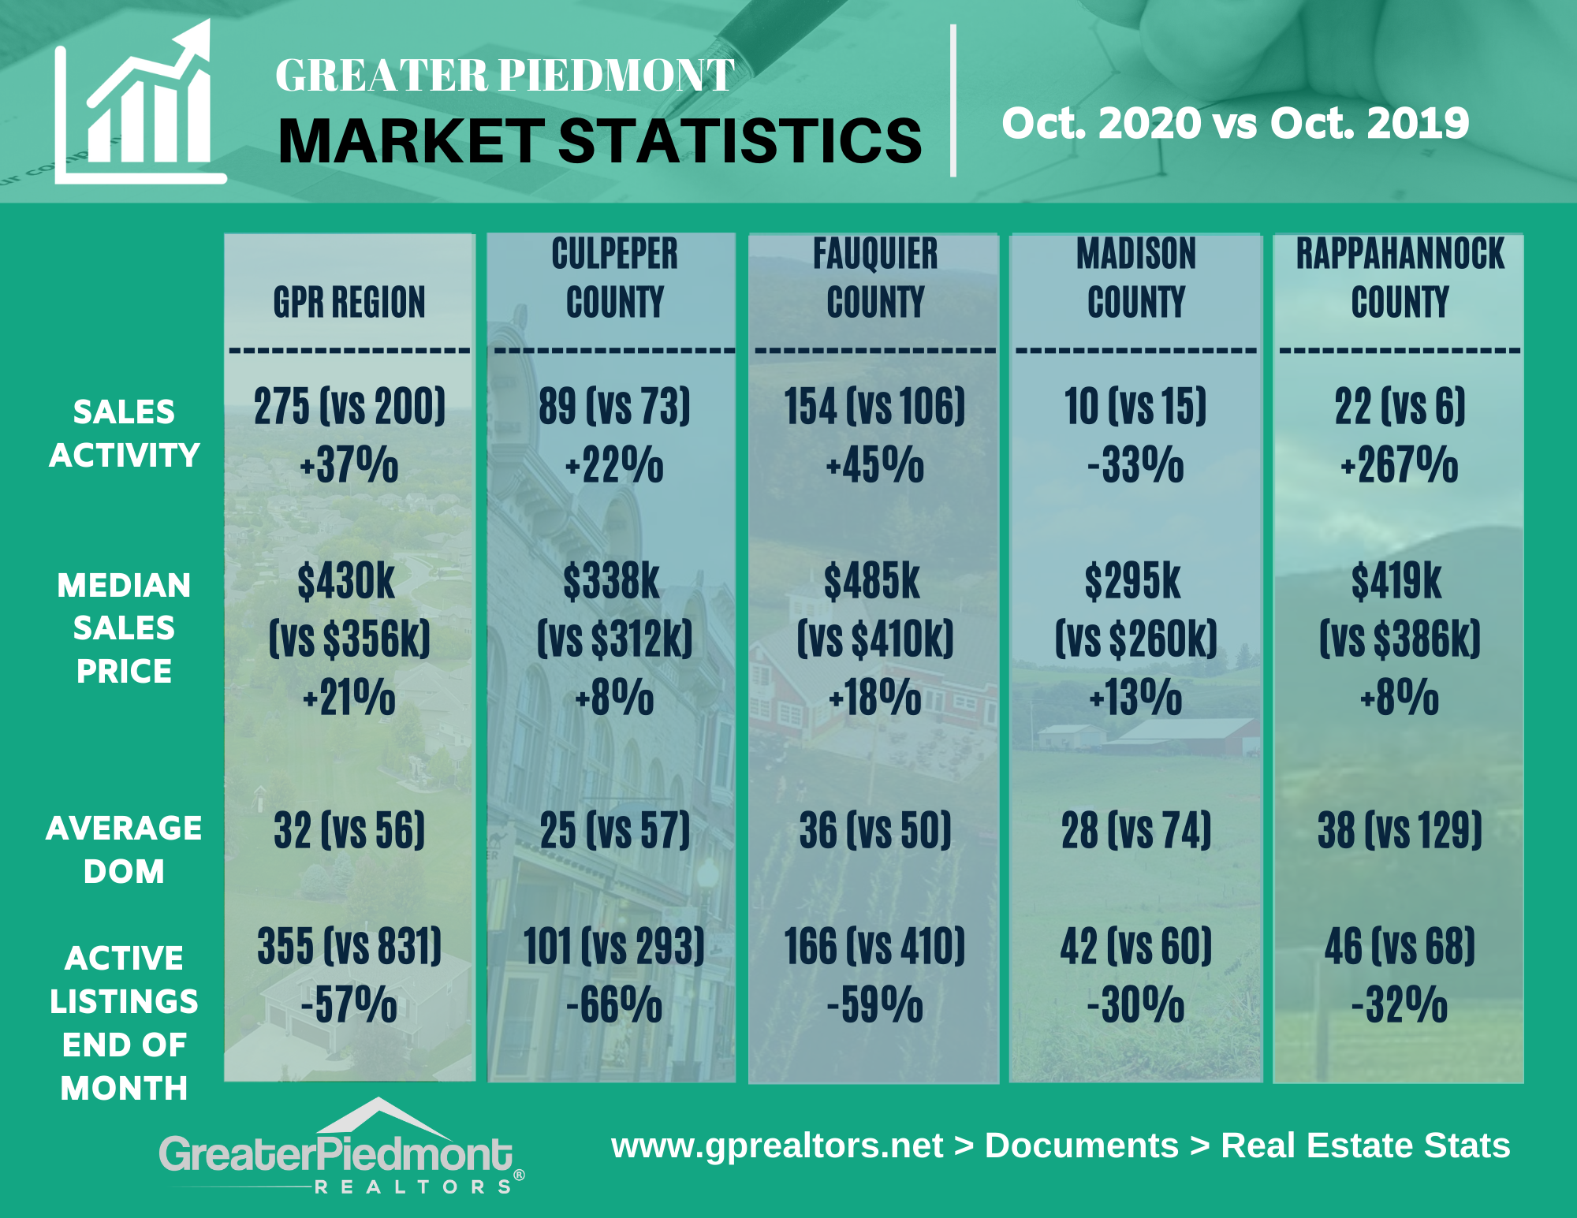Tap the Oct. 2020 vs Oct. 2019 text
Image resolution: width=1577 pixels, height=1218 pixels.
(x=1235, y=123)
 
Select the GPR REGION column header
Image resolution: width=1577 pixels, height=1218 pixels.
(x=349, y=302)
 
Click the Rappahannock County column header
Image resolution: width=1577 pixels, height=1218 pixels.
(x=1400, y=277)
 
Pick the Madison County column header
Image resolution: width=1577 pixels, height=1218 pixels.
(x=1136, y=277)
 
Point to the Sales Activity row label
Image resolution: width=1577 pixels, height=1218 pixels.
(x=124, y=434)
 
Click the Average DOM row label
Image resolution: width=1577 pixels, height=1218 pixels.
(x=124, y=850)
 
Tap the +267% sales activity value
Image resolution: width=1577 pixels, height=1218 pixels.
(x=1400, y=464)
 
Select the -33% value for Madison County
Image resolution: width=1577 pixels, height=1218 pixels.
(x=1136, y=464)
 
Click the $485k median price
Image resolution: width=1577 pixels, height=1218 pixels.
(x=873, y=582)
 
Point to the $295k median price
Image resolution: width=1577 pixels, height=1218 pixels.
(x=1133, y=582)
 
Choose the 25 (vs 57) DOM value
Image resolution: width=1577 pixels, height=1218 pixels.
(x=614, y=830)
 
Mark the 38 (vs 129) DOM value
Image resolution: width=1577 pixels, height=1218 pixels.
(x=1400, y=830)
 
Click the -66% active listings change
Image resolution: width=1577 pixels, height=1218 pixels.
(x=614, y=1005)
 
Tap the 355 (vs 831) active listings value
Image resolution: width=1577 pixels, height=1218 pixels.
(x=349, y=946)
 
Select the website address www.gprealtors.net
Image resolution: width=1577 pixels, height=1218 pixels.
(x=777, y=1145)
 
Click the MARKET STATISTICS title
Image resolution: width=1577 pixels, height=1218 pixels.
(x=599, y=142)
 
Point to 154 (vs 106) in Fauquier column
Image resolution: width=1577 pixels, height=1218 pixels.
(x=874, y=407)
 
